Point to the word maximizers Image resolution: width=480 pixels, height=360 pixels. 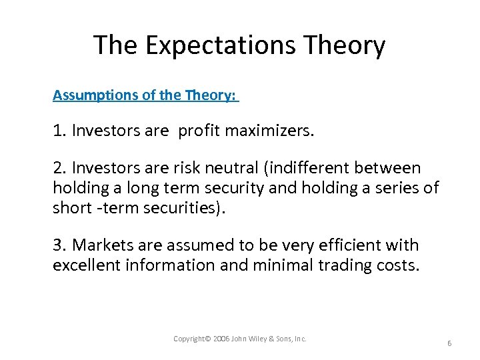(269, 131)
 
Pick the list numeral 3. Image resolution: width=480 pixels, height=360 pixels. (57, 246)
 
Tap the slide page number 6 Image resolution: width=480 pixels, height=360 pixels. (449, 343)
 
